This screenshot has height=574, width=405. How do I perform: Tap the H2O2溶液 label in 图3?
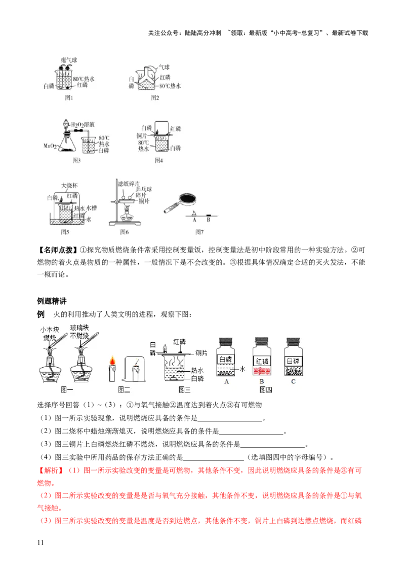coord(83,125)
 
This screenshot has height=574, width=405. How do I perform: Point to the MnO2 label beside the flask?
coord(50,146)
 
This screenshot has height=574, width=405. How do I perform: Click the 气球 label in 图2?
coord(164,67)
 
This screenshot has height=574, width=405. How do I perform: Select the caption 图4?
coord(158,160)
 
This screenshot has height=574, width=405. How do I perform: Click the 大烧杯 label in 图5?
coord(69,186)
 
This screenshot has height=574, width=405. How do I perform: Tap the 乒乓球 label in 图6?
coord(144,189)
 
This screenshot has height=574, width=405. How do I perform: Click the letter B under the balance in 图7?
coord(209,220)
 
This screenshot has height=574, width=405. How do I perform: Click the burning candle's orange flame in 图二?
coord(112,361)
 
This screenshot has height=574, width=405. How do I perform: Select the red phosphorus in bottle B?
coord(262,371)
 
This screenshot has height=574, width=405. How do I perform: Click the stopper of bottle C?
coord(293,341)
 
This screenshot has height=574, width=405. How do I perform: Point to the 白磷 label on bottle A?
coord(225,360)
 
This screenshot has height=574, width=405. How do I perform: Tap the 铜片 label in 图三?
coord(201,353)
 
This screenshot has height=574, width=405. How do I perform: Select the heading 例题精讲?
coord(52,301)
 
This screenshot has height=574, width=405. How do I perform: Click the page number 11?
coord(40,543)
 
